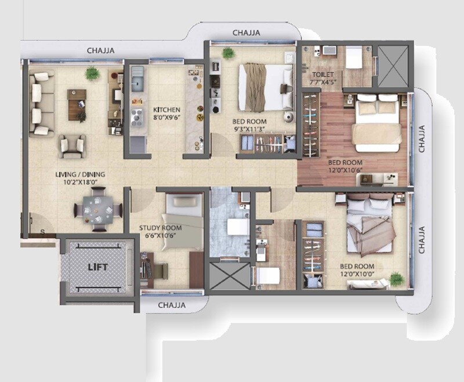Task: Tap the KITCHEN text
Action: [166, 110]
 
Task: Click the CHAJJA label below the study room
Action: [172, 304]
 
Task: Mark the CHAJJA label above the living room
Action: [101, 50]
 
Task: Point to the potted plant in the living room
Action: [92, 73]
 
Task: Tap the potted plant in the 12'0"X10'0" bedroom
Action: [396, 279]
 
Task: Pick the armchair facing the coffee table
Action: [72, 146]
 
